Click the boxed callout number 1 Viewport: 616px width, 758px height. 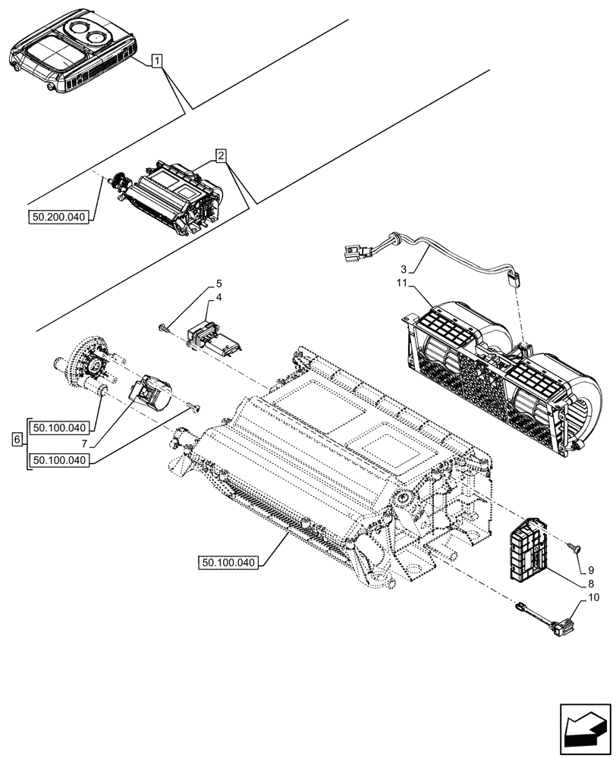click(156, 61)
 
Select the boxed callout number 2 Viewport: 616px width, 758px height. click(221, 156)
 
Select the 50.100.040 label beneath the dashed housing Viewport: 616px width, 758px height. click(230, 562)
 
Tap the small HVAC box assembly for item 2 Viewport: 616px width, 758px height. click(171, 197)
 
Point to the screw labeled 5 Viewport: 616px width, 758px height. click(165, 327)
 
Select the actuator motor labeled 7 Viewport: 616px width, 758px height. click(151, 392)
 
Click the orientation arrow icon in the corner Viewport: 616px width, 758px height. click(583, 729)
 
